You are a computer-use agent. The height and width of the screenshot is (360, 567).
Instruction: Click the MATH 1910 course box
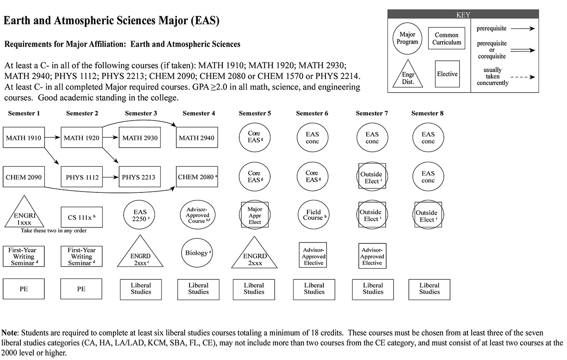[23, 138]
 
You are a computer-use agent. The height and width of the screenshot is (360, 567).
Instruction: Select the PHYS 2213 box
[139, 177]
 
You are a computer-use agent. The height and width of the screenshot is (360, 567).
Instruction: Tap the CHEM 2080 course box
[198, 177]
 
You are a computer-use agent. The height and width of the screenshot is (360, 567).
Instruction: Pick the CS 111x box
[81, 217]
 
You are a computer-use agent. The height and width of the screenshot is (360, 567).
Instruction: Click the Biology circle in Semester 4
[198, 253]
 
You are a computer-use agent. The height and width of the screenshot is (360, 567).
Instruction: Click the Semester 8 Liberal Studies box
[429, 289]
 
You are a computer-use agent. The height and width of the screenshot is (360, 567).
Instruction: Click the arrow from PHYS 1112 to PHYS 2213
[110, 177]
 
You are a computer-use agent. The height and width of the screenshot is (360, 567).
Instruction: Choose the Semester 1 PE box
[23, 289]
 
